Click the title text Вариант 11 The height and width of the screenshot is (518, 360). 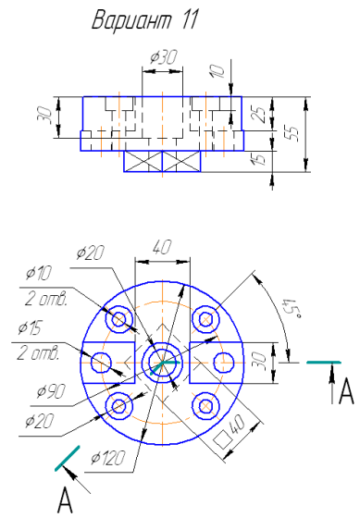[x=144, y=19]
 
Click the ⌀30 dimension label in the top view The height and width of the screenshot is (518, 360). [x=163, y=56]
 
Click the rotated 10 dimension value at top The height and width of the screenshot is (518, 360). [x=217, y=70]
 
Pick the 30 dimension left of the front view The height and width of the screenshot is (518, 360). [x=46, y=116]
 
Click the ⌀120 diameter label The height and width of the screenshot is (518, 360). [x=108, y=458]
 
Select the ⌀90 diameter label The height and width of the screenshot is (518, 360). [x=51, y=391]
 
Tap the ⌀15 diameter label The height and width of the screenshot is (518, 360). [x=31, y=328]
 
